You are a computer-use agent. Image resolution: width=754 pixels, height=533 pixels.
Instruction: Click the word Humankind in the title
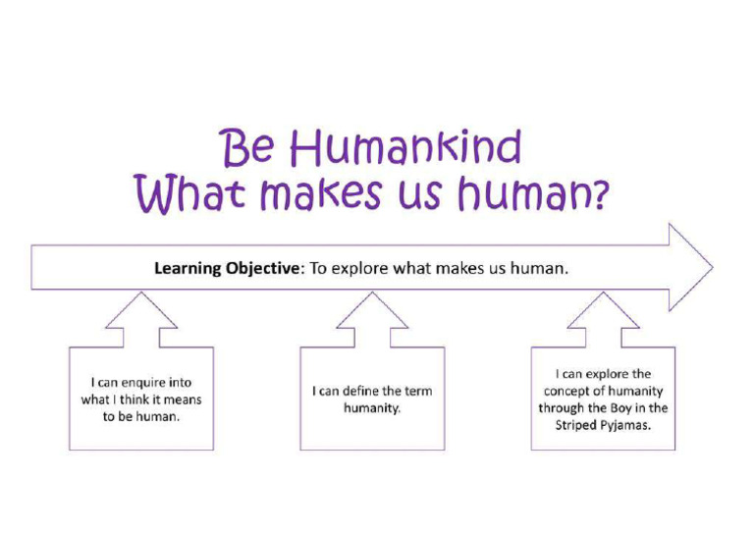click(x=404, y=147)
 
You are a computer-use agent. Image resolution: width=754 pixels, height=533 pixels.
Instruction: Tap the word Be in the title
click(x=247, y=148)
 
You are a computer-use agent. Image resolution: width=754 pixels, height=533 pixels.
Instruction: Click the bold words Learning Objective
click(x=227, y=268)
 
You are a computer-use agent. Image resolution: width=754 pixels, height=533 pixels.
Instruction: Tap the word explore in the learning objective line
click(x=359, y=268)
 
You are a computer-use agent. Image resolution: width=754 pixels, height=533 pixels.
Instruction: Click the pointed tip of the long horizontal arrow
click(x=713, y=267)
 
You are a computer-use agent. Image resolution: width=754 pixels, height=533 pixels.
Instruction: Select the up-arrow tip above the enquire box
click(x=141, y=292)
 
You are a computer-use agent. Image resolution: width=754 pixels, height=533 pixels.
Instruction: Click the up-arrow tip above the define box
click(x=372, y=292)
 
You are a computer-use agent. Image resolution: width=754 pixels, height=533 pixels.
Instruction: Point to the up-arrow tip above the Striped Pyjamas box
click(x=603, y=292)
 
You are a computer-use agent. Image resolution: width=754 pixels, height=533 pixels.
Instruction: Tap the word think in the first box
click(x=135, y=400)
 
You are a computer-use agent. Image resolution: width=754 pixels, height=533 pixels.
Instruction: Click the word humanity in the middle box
click(x=372, y=408)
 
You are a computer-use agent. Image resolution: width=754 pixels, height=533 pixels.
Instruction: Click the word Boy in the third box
click(x=621, y=408)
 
